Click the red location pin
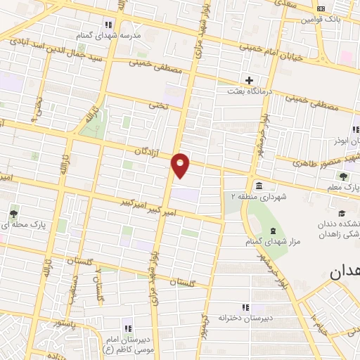[181, 165]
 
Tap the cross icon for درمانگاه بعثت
[249, 79]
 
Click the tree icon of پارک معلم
[342, 176]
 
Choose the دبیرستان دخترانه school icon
[245, 307]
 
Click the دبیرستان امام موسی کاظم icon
[127, 328]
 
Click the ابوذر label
[347, 141]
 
